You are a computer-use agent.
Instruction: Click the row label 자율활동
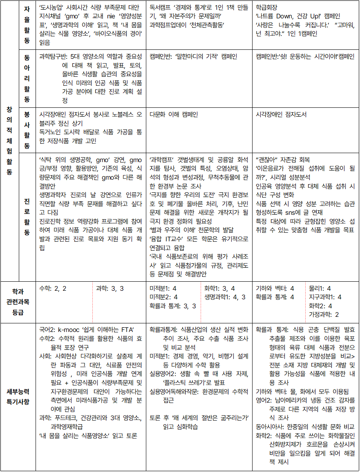pos(27,24)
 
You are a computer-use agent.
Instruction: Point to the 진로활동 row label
pos(27,216)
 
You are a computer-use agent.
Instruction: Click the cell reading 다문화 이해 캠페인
pos(174,115)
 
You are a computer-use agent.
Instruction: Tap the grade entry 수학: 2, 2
pos(53,288)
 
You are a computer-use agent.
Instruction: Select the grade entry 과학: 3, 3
pos(110,288)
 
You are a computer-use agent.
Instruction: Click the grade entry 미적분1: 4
pos(163,288)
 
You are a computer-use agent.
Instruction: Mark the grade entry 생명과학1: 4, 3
pos(225,297)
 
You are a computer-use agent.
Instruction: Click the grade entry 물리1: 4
pos(320,288)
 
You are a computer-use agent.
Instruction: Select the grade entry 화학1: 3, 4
pos(219,288)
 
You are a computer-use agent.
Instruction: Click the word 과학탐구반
pos(51,56)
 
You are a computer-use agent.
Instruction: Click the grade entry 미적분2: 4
pos(163,297)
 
